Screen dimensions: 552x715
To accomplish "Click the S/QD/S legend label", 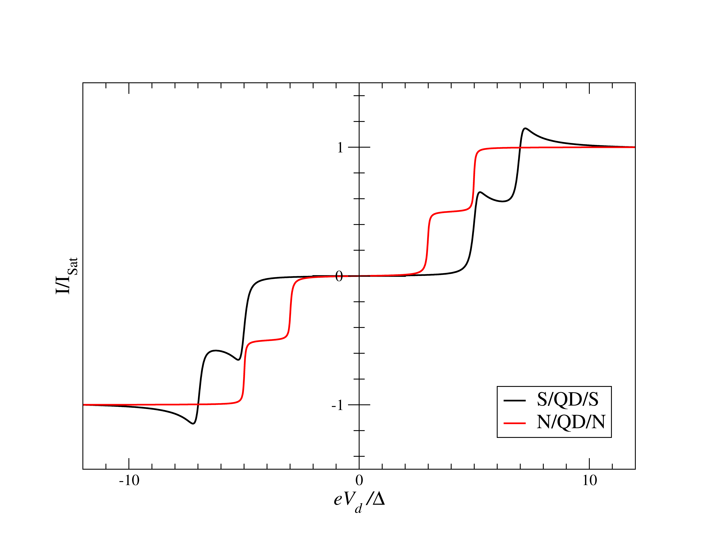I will click(567, 399).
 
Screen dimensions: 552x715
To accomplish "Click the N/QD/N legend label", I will click(571, 422).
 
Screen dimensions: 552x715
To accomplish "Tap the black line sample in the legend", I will click(515, 400).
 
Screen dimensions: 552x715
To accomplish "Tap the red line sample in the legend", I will click(515, 423).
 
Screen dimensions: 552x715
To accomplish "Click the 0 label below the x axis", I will click(359, 480).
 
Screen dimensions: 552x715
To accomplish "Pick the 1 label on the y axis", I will click(340, 147).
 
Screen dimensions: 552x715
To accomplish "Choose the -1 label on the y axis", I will click(337, 405).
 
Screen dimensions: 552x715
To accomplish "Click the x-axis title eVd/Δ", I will click(359, 501).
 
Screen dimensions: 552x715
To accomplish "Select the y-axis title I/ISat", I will click(66, 276).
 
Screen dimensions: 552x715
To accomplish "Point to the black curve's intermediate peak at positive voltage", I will click(480, 192).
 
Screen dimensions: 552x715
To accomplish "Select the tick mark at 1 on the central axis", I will click(359, 147).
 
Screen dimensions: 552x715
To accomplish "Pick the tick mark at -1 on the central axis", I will click(359, 405).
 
